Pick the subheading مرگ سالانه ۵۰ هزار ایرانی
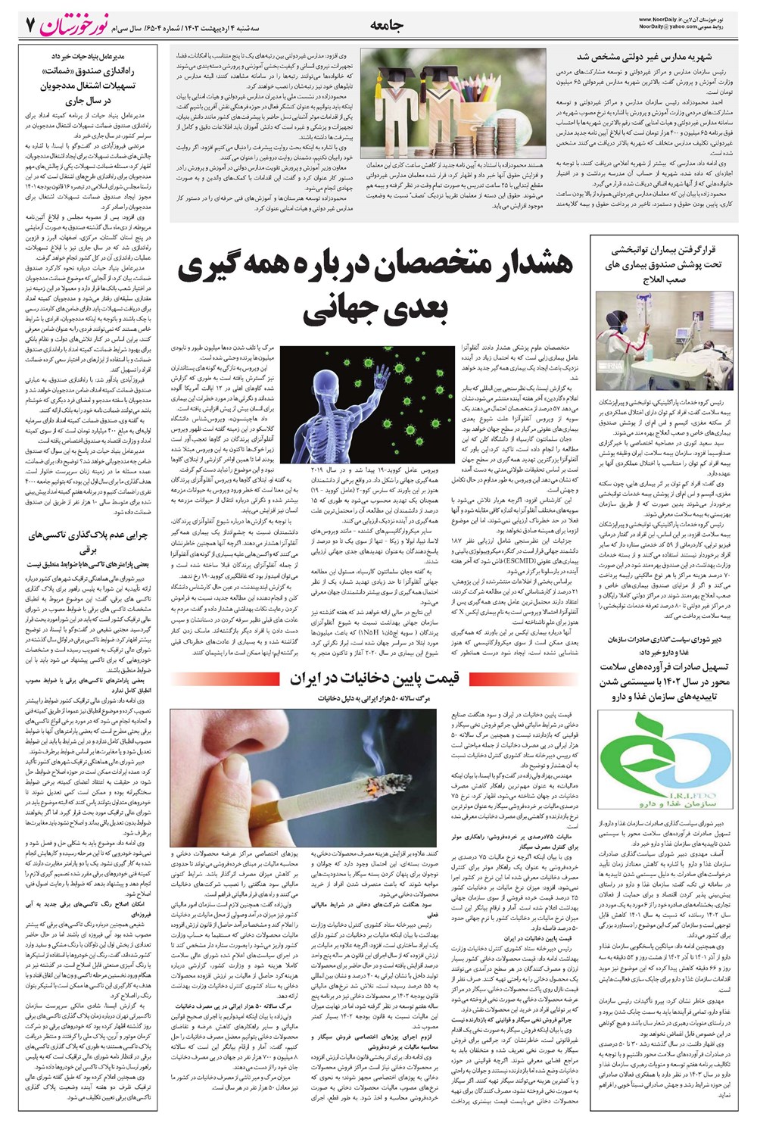tap(375, 697)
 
